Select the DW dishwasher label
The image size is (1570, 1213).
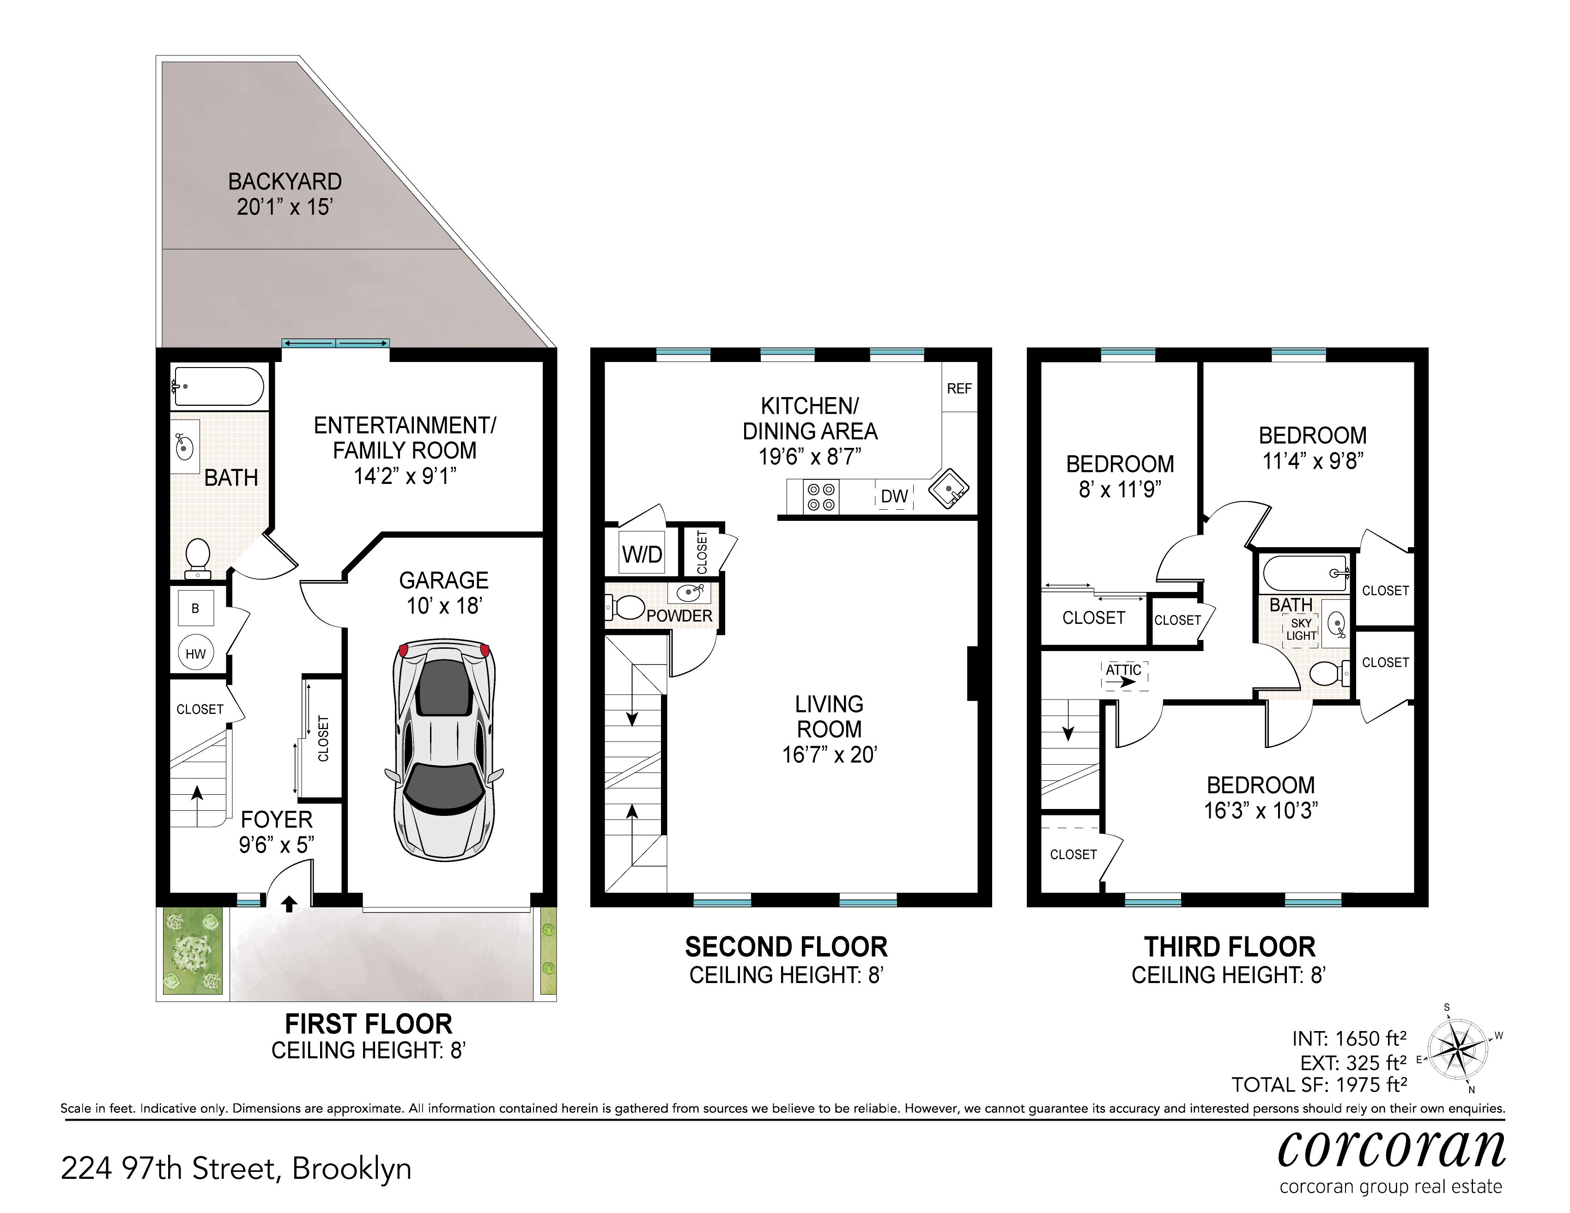tap(894, 496)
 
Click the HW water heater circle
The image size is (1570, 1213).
tap(195, 653)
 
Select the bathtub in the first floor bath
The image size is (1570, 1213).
tap(218, 386)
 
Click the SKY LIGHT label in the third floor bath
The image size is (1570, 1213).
tap(1301, 629)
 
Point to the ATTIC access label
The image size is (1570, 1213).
tap(1124, 670)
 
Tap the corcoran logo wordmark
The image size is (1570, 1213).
tap(1392, 1151)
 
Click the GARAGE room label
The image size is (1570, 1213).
tap(443, 580)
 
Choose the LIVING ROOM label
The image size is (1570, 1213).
tap(830, 717)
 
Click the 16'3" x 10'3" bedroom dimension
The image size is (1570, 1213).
tap(1261, 810)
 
